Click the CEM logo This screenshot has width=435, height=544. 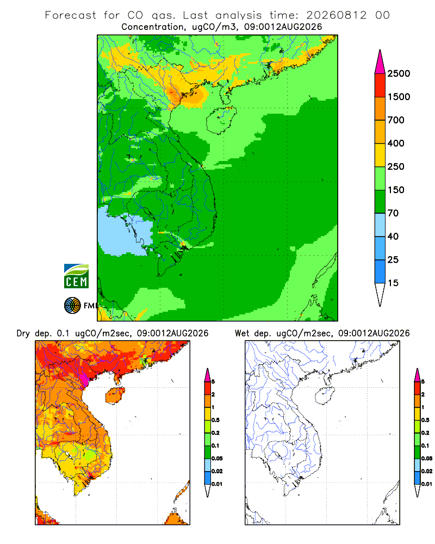coord(76,276)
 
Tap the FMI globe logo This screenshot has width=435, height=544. coord(72,306)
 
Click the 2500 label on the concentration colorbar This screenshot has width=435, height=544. coord(399,73)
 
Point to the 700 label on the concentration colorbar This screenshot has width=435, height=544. coord(396,120)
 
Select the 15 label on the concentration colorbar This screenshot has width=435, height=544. coord(393,283)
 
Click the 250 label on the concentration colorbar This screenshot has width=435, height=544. coord(396,166)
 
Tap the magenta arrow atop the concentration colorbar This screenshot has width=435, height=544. coord(380,62)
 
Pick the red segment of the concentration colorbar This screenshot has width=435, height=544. coord(380,85)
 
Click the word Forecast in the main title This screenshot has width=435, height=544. coord(71,15)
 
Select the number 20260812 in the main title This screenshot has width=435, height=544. coord(336,15)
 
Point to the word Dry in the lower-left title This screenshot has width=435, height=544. coord(23,333)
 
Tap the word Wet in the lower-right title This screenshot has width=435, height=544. coord(242,333)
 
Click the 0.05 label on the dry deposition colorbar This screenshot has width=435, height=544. coord(217,458)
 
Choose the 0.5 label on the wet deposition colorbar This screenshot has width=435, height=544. coord(425,420)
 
